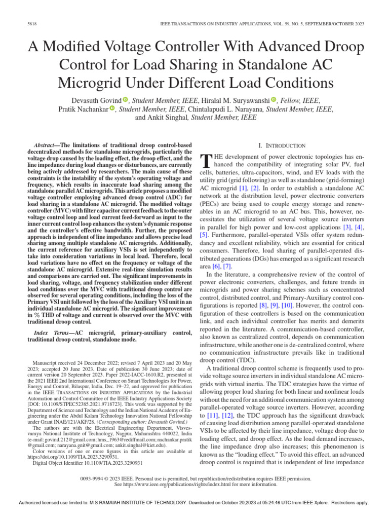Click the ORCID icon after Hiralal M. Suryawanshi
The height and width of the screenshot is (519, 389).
[x=273, y=100]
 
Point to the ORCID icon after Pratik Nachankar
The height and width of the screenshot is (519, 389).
[x=112, y=109]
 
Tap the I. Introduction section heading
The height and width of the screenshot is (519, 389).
[x=282, y=145]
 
